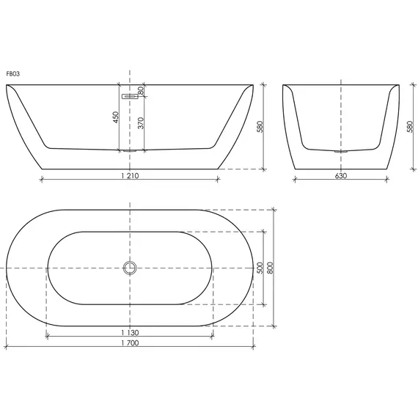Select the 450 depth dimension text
[115, 117]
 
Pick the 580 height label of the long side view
[260, 127]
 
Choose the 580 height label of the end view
[408, 127]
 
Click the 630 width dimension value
[341, 175]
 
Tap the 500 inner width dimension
[260, 269]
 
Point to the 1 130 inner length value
[129, 332]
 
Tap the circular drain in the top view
[131, 268]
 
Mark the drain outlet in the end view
[340, 151]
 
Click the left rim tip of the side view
[7, 86]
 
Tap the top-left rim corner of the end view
[284, 86]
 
